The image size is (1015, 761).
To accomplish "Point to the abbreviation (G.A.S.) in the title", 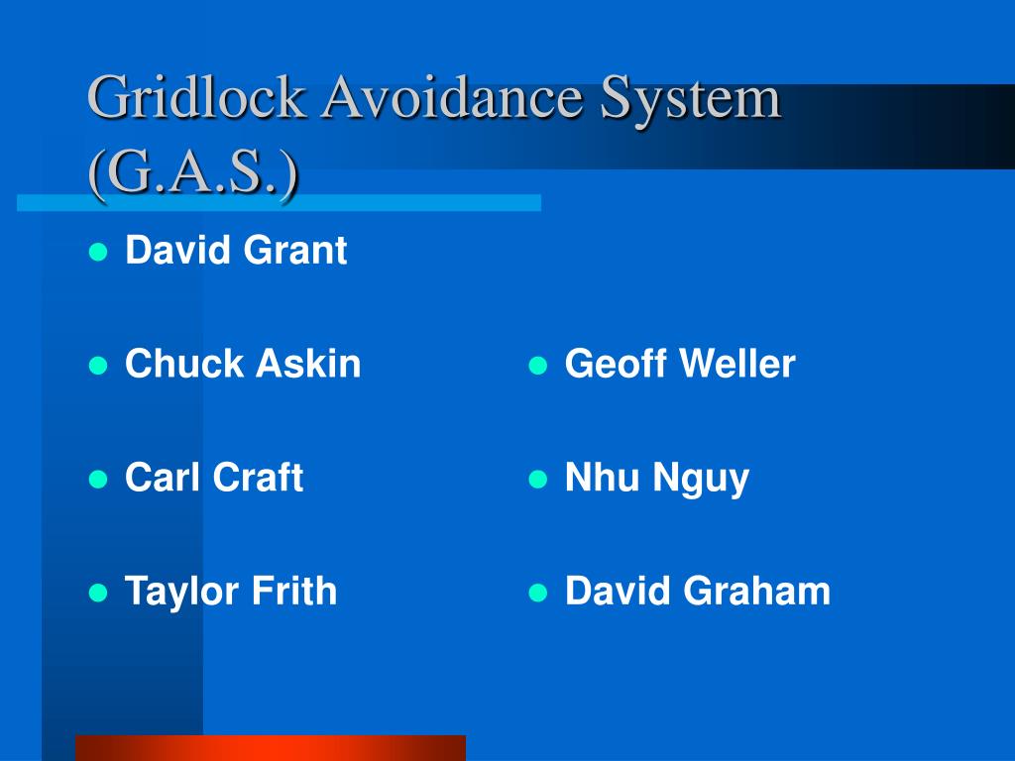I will pos(193,175).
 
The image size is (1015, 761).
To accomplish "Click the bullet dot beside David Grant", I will pos(97,252).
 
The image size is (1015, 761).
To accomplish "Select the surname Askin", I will pos(308,365).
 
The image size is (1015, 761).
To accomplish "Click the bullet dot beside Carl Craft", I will pos(97,480).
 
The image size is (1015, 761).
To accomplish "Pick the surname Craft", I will pos(259,479).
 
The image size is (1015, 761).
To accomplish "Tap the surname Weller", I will pos(736,365).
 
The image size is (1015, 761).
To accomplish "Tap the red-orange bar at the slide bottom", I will pos(270,747).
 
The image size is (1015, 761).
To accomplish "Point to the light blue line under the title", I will pos(279,203).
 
